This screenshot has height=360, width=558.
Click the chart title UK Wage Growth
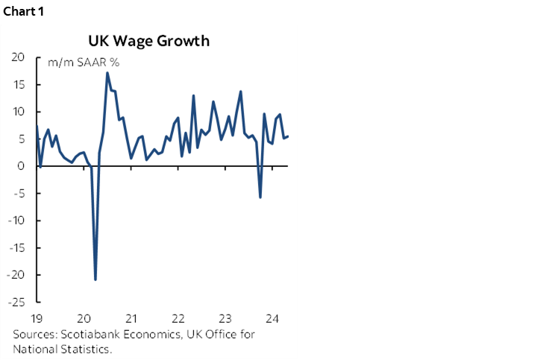click(148, 40)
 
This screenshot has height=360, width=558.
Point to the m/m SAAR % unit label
click(84, 62)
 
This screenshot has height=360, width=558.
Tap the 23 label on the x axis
click(225, 316)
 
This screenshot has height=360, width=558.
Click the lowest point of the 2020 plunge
click(95, 280)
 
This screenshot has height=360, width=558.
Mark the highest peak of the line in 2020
click(107, 72)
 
